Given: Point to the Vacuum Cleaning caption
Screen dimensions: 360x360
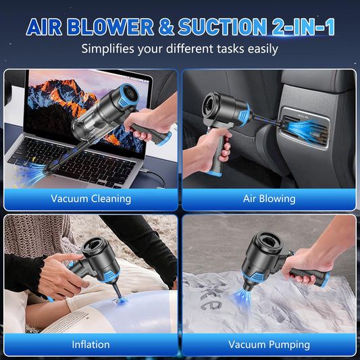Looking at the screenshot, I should point(91,199).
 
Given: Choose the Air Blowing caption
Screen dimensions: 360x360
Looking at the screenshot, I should point(269,199).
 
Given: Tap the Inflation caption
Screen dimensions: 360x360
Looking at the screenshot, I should point(91,344).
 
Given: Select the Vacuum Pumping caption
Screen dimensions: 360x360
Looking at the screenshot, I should point(269,344).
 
